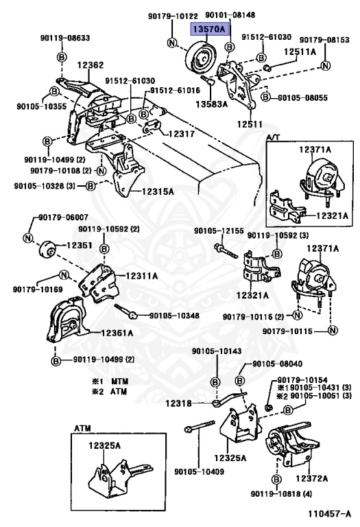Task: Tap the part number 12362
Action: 91,65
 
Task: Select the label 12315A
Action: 158,191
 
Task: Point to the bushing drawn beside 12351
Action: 47,249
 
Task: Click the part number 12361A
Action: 117,333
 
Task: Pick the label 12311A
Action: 142,276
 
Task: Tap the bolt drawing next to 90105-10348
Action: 125,311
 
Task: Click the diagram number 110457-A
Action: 329,513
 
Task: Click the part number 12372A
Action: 311,478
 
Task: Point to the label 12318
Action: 178,403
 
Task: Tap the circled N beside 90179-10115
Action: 333,331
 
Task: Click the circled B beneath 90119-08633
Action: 62,57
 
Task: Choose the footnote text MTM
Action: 120,382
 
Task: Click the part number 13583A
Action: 212,104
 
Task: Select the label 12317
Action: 181,134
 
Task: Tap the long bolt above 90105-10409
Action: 200,425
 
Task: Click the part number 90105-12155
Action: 219,231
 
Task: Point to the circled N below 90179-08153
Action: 326,66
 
